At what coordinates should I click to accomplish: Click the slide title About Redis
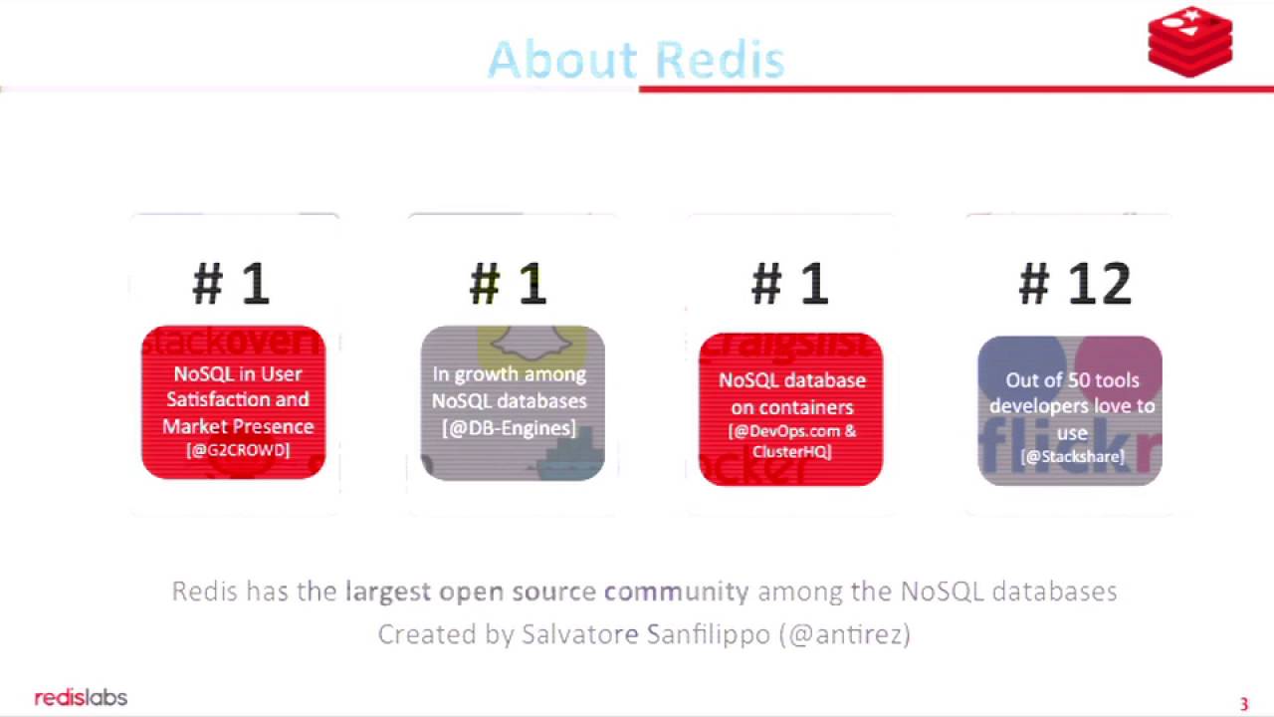(636, 60)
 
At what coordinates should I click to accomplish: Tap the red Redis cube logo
(1189, 42)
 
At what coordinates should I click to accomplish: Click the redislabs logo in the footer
(81, 697)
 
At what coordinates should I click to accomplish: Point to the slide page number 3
(1243, 704)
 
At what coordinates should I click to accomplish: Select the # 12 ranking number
(1075, 285)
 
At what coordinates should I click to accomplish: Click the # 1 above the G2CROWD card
(231, 285)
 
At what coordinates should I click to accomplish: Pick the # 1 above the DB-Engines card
(509, 285)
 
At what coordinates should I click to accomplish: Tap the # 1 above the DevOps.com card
(789, 285)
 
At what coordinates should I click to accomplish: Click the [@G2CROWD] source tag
(238, 450)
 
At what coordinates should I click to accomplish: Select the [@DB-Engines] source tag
(509, 428)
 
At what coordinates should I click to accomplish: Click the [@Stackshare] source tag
(1072, 457)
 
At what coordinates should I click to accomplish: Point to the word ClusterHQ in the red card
(791, 451)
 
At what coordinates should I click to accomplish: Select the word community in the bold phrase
(676, 592)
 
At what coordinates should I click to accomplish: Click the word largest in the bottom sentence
(387, 592)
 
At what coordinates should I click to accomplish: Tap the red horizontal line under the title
(955, 90)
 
